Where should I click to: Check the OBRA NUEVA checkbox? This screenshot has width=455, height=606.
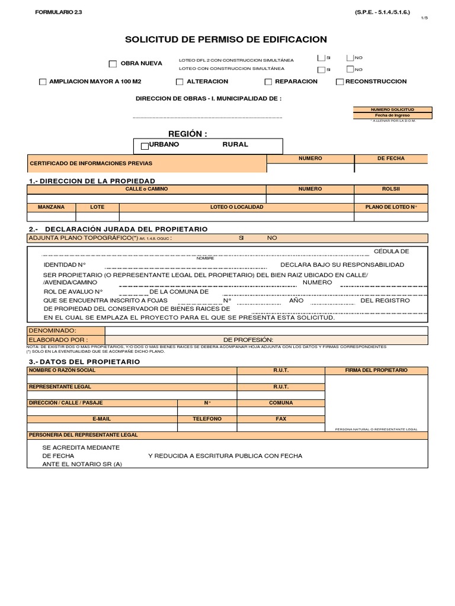pyautogui.click(x=113, y=64)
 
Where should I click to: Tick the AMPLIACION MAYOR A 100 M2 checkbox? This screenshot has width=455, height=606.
pyautogui.click(x=42, y=82)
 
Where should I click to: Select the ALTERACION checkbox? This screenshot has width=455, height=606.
pyautogui.click(x=180, y=82)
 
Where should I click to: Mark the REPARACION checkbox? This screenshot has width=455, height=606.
pyautogui.click(x=268, y=82)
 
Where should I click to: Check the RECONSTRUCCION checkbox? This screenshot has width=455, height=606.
pyautogui.click(x=339, y=82)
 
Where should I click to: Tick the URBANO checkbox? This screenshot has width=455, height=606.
pyautogui.click(x=145, y=145)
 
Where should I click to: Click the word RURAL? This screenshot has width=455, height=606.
pyautogui.click(x=235, y=144)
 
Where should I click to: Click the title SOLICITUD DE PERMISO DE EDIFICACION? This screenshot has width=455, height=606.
pyautogui.click(x=226, y=40)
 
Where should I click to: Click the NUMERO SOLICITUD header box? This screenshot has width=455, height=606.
pyautogui.click(x=392, y=109)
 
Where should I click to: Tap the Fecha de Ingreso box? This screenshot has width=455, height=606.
pyautogui.click(x=392, y=115)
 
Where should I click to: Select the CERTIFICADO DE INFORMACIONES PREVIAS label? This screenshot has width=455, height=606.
pyautogui.click(x=91, y=163)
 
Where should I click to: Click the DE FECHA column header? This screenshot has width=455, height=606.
pyautogui.click(x=390, y=159)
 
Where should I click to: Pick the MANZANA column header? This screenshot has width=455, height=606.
pyautogui.click(x=51, y=207)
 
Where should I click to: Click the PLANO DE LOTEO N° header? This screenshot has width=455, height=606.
pyautogui.click(x=390, y=207)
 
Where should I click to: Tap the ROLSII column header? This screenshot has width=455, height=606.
pyautogui.click(x=390, y=189)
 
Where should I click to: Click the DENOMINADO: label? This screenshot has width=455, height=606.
pyautogui.click(x=52, y=330)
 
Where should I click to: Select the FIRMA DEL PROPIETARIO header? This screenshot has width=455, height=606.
pyautogui.click(x=376, y=370)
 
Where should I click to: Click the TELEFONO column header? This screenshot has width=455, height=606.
pyautogui.click(x=207, y=418)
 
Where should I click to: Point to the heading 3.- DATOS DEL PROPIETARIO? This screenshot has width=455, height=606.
pyautogui.click(x=85, y=361)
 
